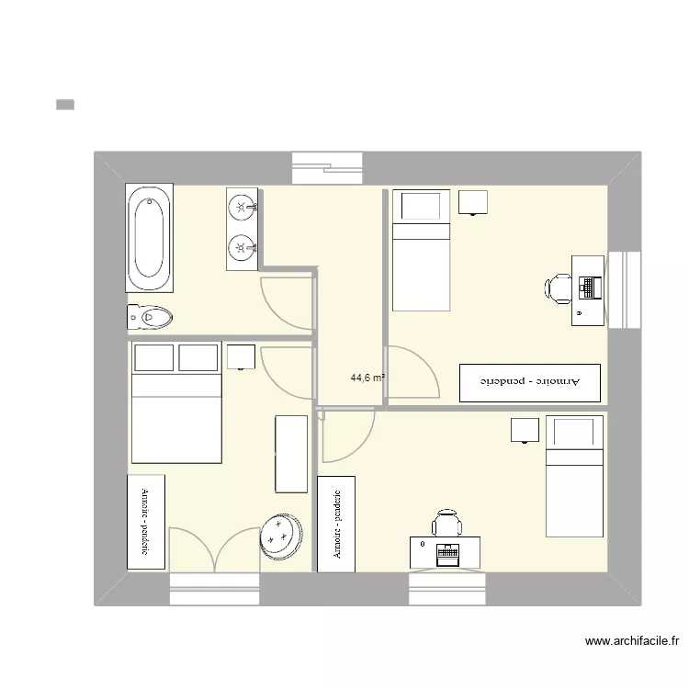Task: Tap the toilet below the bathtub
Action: coord(150,318)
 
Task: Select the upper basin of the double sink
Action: coord(242,207)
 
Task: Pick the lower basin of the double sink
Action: coord(242,246)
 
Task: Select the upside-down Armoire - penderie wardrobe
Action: coord(530,382)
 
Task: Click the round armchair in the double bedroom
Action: coord(281,536)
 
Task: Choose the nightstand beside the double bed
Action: coord(241,356)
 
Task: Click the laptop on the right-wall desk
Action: coord(589,288)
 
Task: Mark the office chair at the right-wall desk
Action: coord(558,288)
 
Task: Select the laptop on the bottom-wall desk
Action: coord(447,552)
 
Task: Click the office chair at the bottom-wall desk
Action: coord(447,524)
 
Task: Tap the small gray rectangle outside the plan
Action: coord(64,105)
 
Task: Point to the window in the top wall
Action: coord(328,168)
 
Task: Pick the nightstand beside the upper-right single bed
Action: coord(473,202)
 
